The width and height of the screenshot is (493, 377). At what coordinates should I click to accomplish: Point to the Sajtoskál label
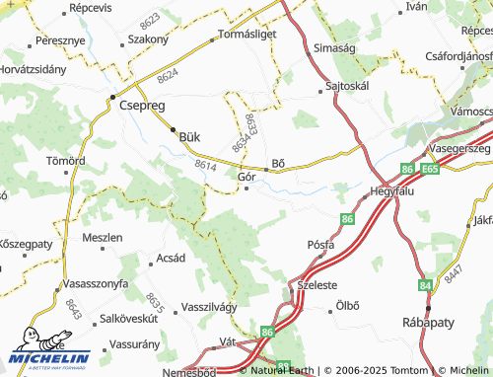(x=348, y=86)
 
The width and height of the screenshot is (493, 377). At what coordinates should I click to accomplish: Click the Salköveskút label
(x=129, y=320)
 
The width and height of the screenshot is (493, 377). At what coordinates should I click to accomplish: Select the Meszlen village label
(x=103, y=238)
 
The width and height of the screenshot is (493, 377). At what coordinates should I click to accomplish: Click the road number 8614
(x=205, y=165)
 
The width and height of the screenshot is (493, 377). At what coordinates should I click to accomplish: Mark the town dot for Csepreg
(x=113, y=97)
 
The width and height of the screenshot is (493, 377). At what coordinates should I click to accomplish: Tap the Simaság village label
(x=334, y=47)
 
